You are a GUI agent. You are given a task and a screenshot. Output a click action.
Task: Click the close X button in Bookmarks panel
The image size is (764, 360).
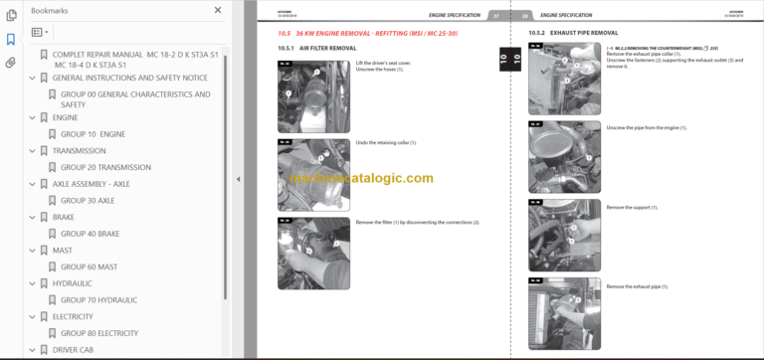click(218, 10)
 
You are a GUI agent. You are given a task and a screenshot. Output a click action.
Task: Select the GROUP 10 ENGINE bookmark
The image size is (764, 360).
click(93, 133)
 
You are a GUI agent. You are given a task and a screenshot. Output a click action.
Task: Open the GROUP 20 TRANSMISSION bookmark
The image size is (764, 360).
click(105, 167)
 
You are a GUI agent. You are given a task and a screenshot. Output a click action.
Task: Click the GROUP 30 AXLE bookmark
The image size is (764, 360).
click(88, 200)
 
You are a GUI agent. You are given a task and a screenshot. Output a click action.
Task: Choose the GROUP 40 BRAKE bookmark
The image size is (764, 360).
click(91, 234)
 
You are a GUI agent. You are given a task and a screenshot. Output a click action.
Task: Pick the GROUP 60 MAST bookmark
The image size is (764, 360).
click(89, 267)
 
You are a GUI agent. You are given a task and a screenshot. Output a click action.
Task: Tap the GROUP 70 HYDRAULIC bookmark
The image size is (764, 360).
click(98, 299)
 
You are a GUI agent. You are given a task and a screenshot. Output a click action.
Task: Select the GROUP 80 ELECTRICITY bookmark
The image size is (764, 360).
click(99, 333)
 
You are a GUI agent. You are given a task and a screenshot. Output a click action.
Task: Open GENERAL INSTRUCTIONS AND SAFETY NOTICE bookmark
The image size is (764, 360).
click(129, 77)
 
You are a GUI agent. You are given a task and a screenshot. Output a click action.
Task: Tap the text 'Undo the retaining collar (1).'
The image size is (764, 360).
click(386, 142)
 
